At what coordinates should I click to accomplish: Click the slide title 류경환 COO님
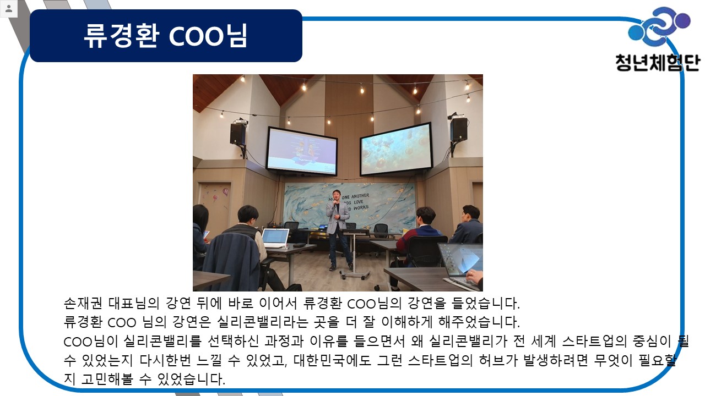[166, 36]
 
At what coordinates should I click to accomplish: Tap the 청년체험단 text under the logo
[658, 63]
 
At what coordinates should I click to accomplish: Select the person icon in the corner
[9, 8]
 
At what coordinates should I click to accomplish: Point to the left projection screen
[301, 151]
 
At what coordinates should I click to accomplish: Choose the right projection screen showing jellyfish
[396, 149]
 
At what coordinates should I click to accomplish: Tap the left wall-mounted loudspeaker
[237, 134]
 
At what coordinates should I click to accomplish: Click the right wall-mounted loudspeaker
[459, 129]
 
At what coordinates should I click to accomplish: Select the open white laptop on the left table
[275, 238]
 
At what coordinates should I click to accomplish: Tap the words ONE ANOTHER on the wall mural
[355, 196]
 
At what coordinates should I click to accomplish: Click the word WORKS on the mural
[361, 208]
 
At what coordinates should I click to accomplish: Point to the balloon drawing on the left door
[226, 191]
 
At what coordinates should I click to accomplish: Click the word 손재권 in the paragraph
[83, 303]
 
